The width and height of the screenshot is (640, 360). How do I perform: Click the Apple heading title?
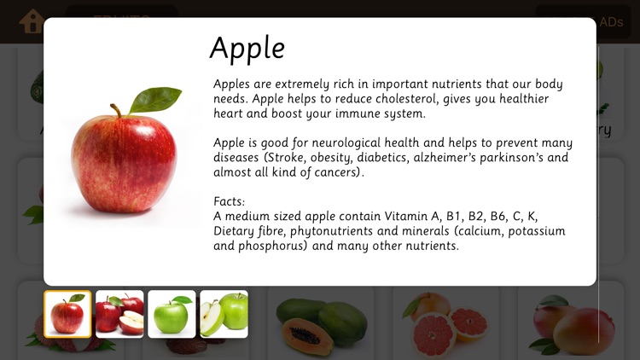pos(247,48)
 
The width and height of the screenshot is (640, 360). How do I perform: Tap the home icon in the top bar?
pos(32,20)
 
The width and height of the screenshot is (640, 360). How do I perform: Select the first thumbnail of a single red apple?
pos(67,314)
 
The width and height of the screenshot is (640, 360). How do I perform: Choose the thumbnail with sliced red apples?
pos(119,314)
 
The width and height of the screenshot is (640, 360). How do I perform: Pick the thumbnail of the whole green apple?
pos(172,314)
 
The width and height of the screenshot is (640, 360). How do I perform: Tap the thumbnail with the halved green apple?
pos(224,314)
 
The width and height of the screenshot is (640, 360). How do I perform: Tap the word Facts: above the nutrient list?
pos(230,202)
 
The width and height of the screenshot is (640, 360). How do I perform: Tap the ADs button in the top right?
pos(611,22)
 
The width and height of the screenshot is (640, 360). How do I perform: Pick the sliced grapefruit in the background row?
pos(445,320)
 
